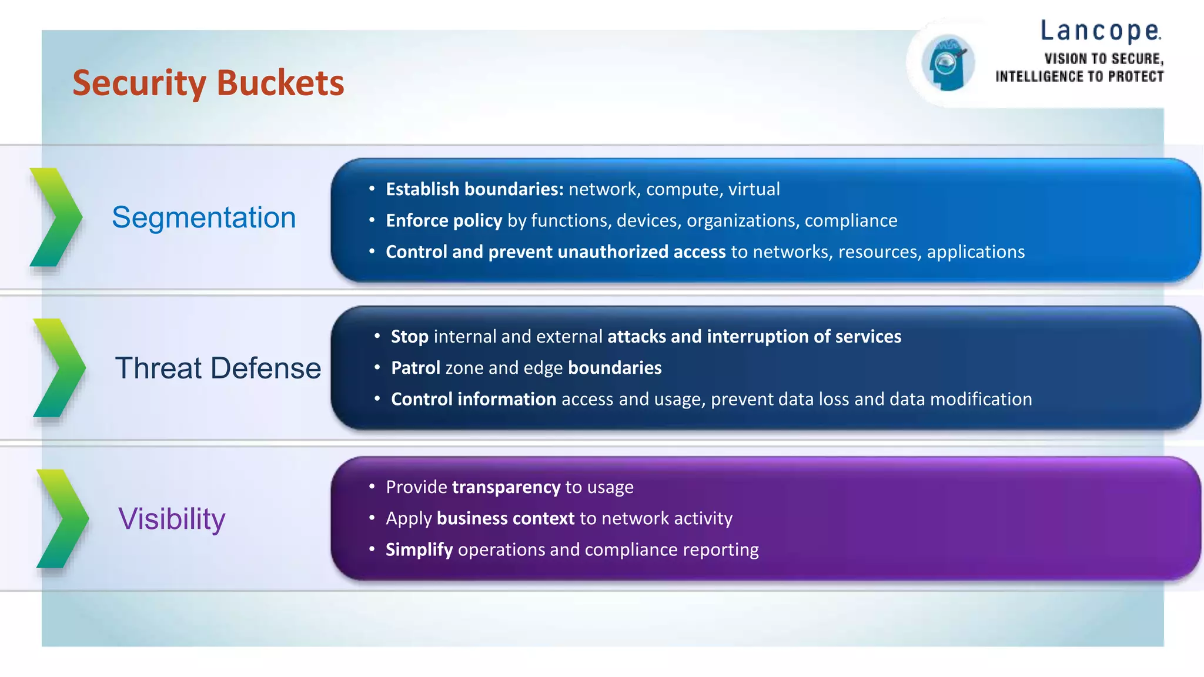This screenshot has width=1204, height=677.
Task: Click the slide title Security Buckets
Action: click(208, 83)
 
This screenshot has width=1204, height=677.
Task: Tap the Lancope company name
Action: click(1101, 31)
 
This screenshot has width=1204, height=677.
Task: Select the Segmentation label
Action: click(203, 217)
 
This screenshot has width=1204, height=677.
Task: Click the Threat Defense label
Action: click(218, 368)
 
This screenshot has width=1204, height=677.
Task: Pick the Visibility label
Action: click(172, 519)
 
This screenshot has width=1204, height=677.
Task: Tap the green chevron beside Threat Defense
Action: click(59, 368)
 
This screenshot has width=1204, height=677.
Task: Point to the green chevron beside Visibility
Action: click(62, 518)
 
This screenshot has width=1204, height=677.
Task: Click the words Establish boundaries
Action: click(474, 189)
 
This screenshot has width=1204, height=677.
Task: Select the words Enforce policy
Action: click(444, 220)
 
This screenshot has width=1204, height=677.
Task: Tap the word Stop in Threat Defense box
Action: click(409, 337)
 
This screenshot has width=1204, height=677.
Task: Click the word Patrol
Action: click(415, 368)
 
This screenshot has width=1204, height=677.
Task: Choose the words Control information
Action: click(473, 400)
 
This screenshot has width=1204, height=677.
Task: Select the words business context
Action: click(505, 518)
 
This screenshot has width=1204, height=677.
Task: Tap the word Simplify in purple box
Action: click(419, 549)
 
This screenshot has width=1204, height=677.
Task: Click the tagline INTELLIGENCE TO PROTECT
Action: click(1079, 76)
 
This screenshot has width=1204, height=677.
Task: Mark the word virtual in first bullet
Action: click(754, 189)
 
